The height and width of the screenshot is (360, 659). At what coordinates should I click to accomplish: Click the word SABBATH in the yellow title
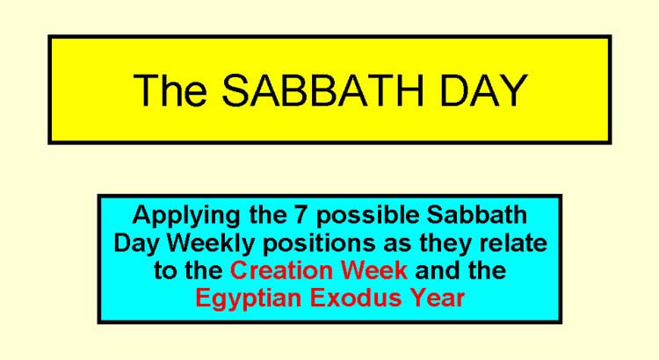point(322,90)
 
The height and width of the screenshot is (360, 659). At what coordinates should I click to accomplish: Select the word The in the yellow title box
point(170,90)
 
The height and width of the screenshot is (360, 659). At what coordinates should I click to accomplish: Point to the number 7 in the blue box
point(298,214)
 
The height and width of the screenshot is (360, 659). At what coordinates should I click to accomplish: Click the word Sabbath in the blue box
point(477,214)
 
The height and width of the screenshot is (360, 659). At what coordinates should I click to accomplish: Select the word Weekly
point(213,244)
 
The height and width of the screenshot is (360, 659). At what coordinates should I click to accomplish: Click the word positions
point(320,244)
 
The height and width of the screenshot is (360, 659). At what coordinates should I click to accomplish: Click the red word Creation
point(282,270)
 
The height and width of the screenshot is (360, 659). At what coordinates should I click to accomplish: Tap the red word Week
point(374,270)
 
